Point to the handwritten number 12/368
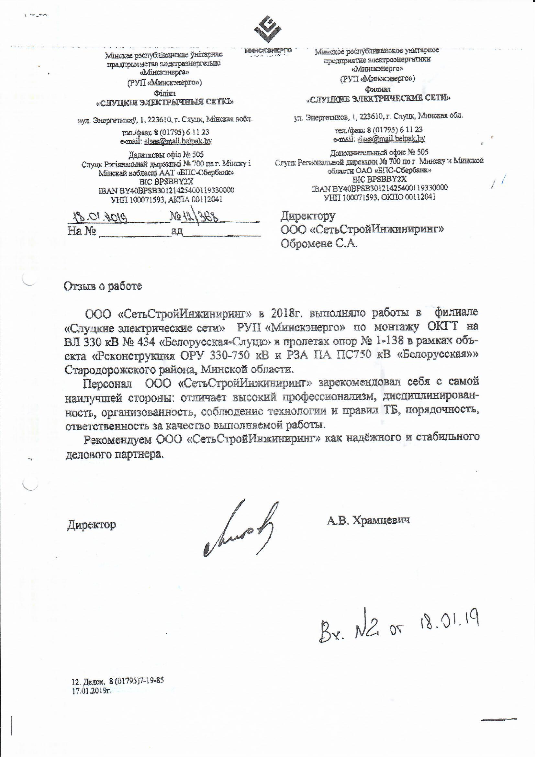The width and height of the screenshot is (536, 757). click(195, 217)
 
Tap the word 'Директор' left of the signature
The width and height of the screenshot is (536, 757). click(91, 525)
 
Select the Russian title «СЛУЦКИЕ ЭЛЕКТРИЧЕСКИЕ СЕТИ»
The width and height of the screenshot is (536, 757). click(378, 98)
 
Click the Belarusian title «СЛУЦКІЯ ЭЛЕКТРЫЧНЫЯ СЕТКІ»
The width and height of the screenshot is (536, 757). click(165, 102)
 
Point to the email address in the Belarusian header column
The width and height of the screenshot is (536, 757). click(178, 141)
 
